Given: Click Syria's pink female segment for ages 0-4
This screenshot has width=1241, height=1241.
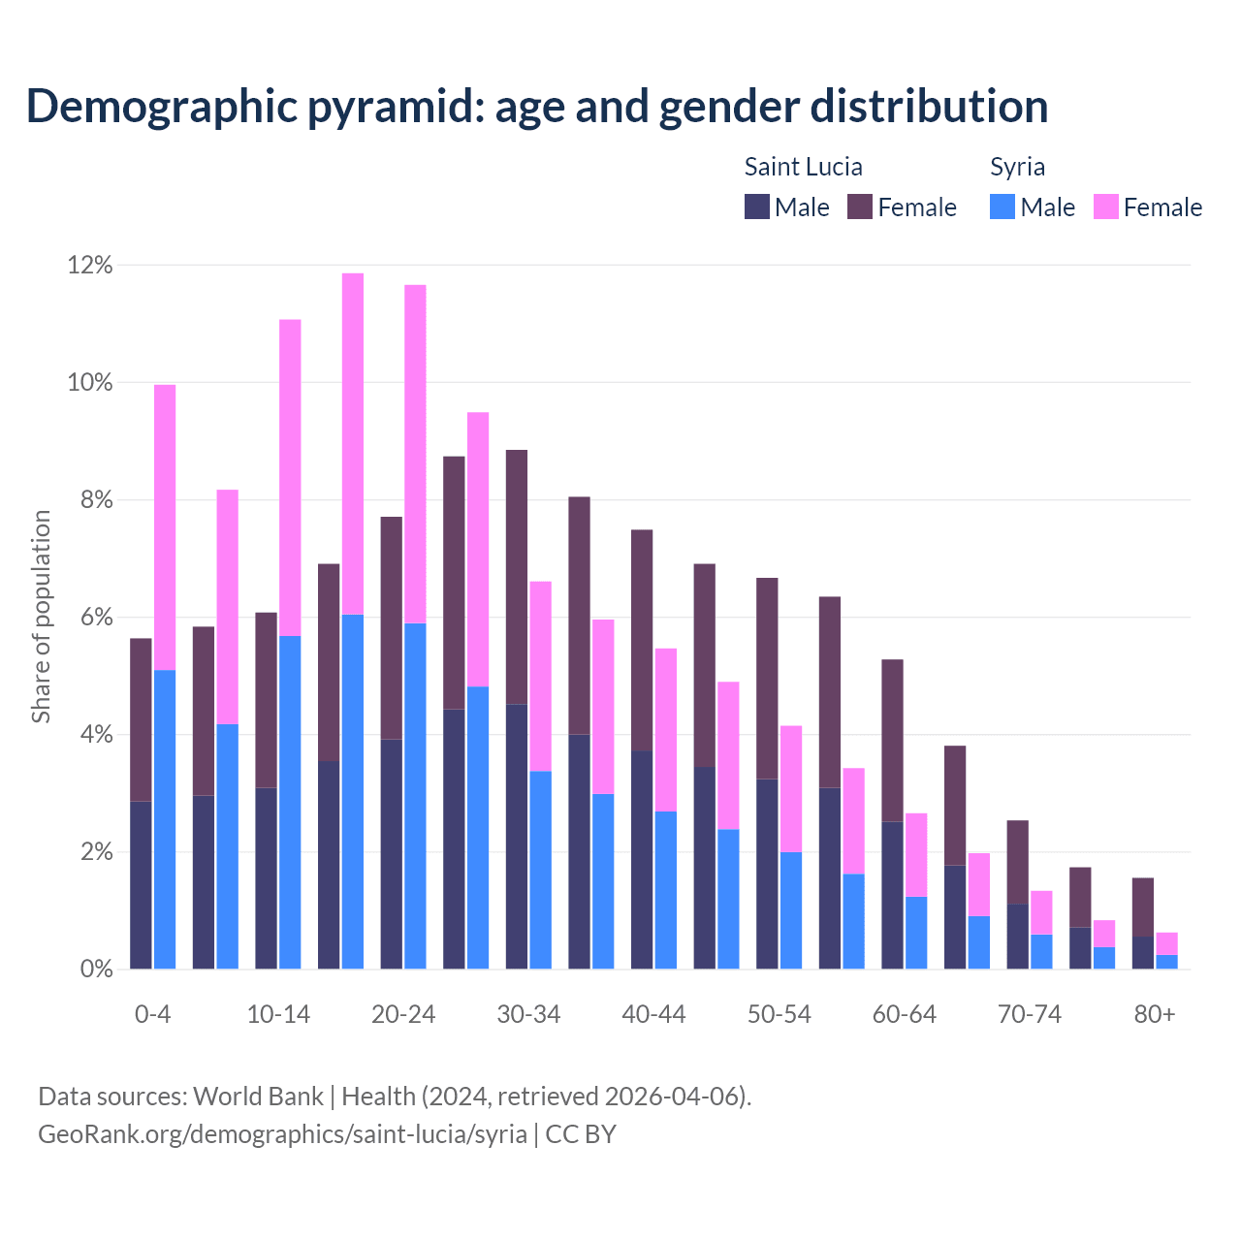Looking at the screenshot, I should (165, 527).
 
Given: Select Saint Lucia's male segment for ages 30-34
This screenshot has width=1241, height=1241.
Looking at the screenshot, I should (517, 836).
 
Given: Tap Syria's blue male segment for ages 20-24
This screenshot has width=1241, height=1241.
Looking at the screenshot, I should (415, 795).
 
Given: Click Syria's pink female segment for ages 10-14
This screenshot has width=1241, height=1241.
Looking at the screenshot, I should (290, 477).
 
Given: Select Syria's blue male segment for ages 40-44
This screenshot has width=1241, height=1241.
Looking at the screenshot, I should (666, 889).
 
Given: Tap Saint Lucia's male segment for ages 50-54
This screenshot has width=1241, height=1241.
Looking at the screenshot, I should (767, 874).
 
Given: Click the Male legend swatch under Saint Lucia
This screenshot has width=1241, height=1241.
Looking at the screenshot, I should (757, 207).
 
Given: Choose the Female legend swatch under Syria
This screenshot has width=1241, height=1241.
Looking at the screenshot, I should (1106, 207).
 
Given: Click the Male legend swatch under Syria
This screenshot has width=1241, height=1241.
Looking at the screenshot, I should (1002, 207).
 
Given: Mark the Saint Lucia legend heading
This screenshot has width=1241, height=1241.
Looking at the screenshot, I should (803, 167).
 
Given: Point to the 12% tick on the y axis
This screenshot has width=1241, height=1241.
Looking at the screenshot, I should (90, 265).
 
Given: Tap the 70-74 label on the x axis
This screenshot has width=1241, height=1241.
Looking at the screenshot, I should (1030, 1014).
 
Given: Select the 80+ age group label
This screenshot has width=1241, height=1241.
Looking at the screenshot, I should (1155, 1014).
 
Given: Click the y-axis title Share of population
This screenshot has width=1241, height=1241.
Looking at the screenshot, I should (41, 617).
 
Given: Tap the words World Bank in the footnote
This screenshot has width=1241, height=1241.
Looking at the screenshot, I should (258, 1097).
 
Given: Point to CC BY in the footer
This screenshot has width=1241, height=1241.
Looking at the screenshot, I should (581, 1134).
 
